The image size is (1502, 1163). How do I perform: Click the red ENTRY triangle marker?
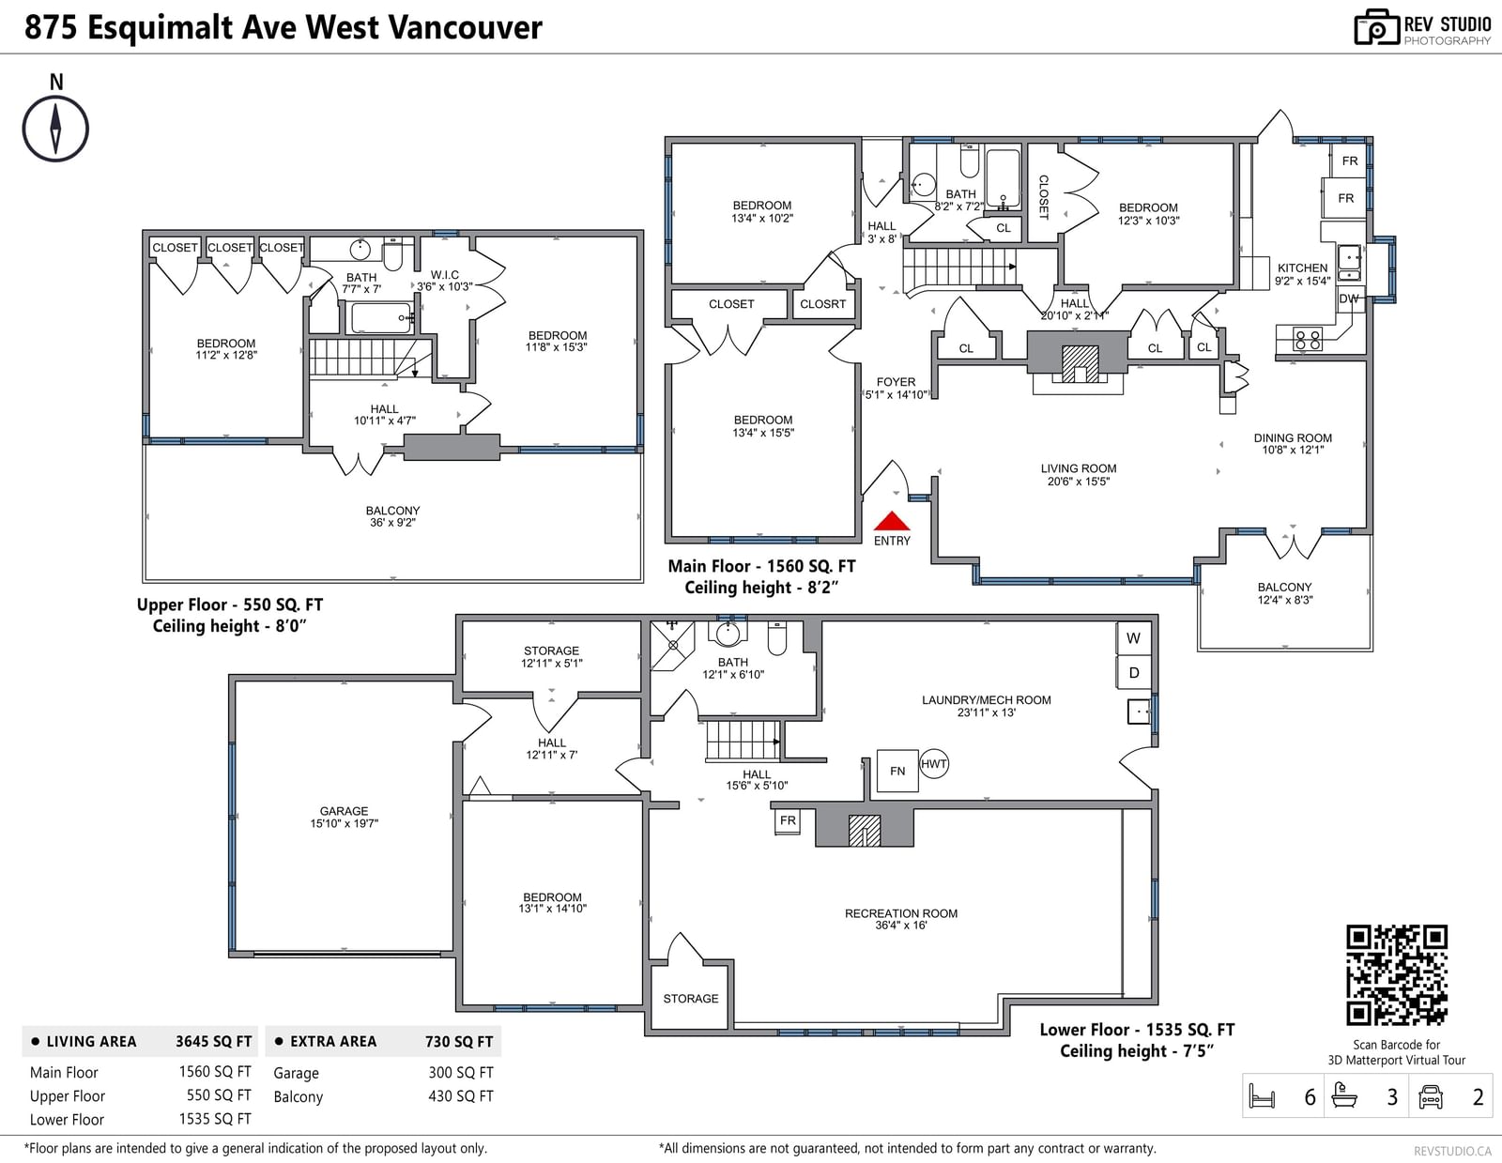pyautogui.click(x=892, y=521)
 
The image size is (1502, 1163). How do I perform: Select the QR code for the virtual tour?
pyautogui.click(x=1396, y=975)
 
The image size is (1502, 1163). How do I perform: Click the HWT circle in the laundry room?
pyautogui.click(x=934, y=764)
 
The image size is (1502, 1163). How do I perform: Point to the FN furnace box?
pyautogui.click(x=897, y=771)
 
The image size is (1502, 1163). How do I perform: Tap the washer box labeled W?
pyautogui.click(x=1134, y=638)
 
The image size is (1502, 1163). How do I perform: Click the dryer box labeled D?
pyautogui.click(x=1134, y=672)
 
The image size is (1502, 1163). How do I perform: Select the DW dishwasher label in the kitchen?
pyautogui.click(x=1349, y=299)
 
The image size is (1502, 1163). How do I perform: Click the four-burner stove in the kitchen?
pyautogui.click(x=1308, y=340)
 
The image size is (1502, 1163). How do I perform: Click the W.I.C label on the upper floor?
pyautogui.click(x=444, y=275)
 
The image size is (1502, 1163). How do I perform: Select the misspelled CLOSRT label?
pyautogui.click(x=822, y=304)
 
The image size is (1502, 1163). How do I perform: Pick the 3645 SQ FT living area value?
pyautogui.click(x=214, y=1041)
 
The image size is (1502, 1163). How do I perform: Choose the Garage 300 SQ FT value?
pyautogui.click(x=461, y=1073)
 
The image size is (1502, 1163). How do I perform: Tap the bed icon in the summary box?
pyautogui.click(x=1263, y=1096)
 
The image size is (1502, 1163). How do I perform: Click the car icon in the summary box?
pyautogui.click(x=1430, y=1096)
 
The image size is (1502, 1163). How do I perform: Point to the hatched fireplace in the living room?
pyautogui.click(x=1080, y=364)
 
